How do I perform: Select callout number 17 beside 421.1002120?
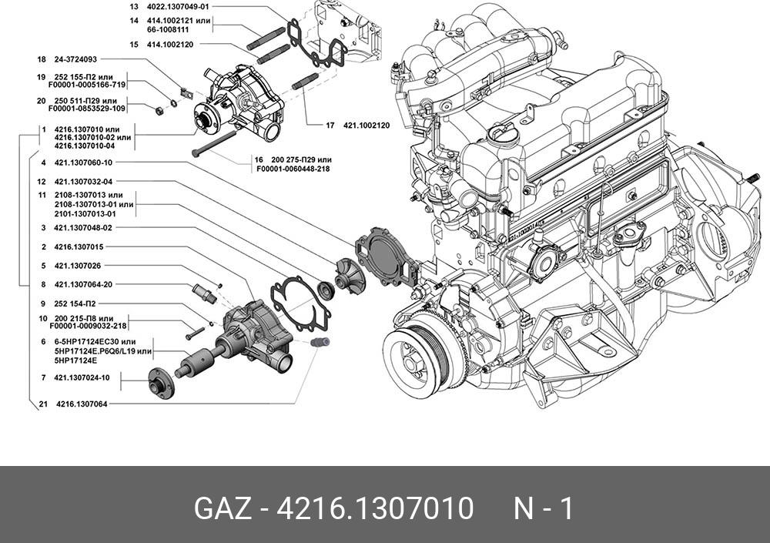pos(329,125)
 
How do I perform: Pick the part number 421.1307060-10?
pos(83,163)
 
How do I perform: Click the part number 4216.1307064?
pos(81,403)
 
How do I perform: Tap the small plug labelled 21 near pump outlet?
pos(320,342)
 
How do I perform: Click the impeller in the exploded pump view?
pos(347,273)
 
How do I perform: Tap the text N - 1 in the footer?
pos(543,509)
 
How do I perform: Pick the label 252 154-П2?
pos(75,303)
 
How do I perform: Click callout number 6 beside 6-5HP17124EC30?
pos(43,340)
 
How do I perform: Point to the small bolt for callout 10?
pos(195,332)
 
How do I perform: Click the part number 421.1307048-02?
pos(83,228)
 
